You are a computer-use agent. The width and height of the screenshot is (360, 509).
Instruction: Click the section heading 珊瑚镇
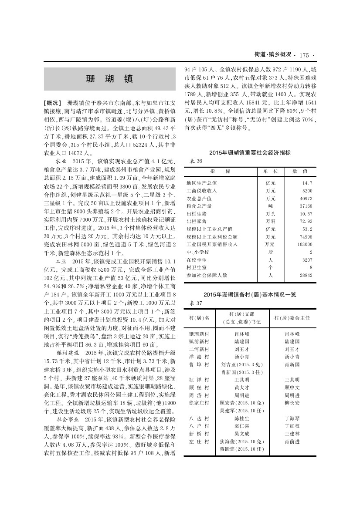point(110,79)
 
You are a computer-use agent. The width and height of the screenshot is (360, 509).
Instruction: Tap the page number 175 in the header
point(304,55)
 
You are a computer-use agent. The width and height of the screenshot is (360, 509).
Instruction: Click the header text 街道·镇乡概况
point(272,55)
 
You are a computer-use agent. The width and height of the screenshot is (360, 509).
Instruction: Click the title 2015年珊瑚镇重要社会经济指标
point(250,153)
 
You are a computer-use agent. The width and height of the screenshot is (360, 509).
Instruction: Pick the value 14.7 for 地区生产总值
point(307,183)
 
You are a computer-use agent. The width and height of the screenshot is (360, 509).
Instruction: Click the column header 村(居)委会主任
point(292,318)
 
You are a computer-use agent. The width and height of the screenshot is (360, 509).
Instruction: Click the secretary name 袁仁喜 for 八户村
point(241,426)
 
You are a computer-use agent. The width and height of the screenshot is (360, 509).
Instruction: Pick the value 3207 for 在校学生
point(306,260)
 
